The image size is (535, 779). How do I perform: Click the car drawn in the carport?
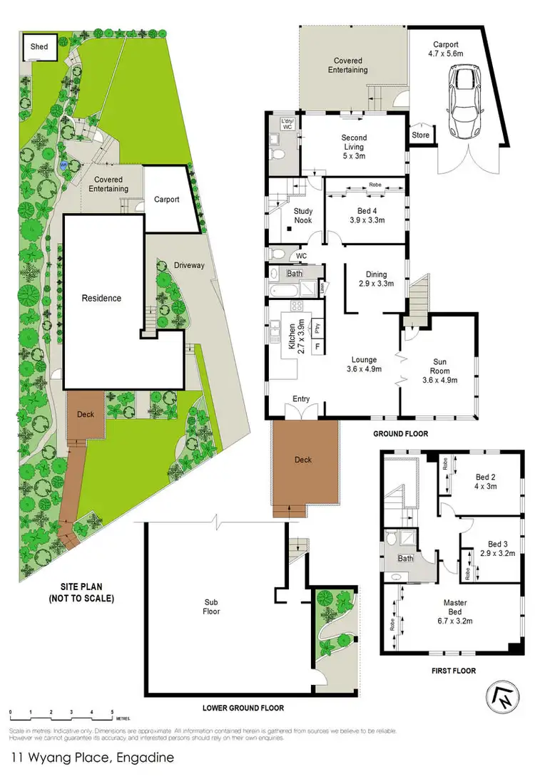click(464, 103)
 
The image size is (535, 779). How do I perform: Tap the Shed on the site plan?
click(39, 47)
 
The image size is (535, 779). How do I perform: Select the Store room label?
click(421, 134)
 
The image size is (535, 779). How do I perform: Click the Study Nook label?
click(303, 215)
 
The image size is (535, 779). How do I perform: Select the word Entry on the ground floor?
click(301, 399)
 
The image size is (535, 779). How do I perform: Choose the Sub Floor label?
click(211, 606)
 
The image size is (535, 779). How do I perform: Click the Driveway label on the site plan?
click(189, 265)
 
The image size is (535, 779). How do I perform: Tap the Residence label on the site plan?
click(101, 298)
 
